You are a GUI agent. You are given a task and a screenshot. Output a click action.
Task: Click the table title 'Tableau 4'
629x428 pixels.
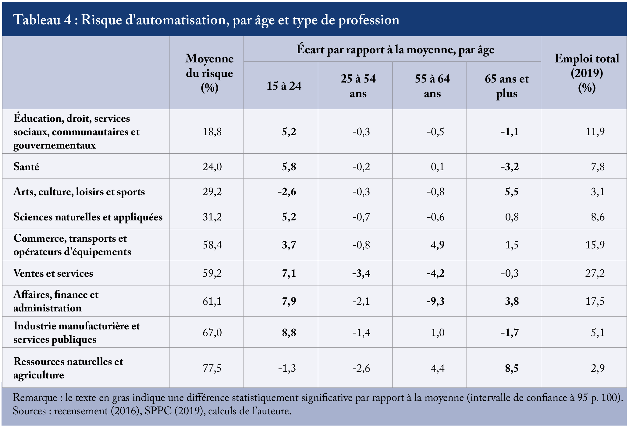(43, 20)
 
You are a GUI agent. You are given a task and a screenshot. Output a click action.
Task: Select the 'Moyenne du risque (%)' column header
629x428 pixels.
(209, 73)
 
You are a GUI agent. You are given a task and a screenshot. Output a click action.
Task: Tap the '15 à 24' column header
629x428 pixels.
(284, 86)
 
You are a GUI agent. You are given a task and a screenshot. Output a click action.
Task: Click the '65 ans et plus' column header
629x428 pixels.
(506, 86)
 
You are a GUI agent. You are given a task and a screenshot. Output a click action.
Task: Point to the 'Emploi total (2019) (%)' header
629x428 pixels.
(587, 73)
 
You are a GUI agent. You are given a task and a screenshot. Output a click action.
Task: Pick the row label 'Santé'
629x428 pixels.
(26, 167)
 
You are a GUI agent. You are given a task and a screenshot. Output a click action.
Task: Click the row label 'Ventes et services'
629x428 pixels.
(53, 273)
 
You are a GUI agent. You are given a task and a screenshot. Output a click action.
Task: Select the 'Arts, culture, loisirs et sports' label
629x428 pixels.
(79, 192)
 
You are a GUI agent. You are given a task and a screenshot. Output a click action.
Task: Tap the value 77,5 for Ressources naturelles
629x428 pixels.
(212, 368)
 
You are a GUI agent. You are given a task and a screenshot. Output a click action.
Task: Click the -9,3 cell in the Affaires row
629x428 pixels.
(435, 301)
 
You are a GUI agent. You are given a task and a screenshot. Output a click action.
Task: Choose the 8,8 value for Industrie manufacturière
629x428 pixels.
(289, 333)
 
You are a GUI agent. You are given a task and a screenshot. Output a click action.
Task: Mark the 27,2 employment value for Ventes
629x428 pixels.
(595, 273)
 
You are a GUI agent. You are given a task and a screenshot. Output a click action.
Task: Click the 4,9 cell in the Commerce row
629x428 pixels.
(437, 245)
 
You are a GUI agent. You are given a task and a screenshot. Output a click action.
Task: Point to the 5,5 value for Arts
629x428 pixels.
(512, 192)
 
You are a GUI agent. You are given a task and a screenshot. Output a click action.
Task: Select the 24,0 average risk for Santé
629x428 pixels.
(212, 167)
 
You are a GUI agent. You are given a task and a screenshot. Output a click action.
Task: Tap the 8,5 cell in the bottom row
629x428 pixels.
(512, 368)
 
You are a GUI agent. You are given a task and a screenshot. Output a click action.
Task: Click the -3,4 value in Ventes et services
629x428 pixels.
(361, 273)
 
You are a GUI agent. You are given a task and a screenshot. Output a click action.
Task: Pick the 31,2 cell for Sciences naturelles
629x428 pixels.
(212, 217)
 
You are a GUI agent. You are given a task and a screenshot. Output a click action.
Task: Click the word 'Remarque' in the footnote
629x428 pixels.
(35, 398)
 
